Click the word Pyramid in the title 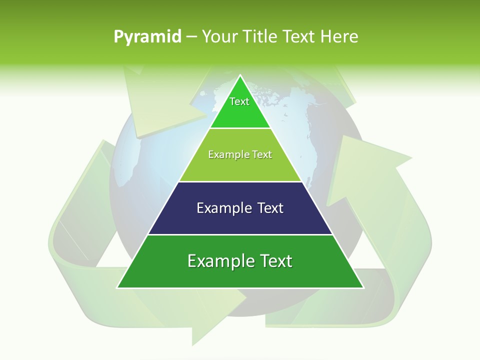tap(147, 37)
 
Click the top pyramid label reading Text tap(239, 101)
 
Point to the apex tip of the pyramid tap(240, 76)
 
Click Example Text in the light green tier tap(240, 154)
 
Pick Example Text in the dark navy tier tap(240, 208)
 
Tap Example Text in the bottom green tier tap(240, 261)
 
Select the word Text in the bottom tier tap(274, 261)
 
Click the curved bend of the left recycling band tap(65, 250)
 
